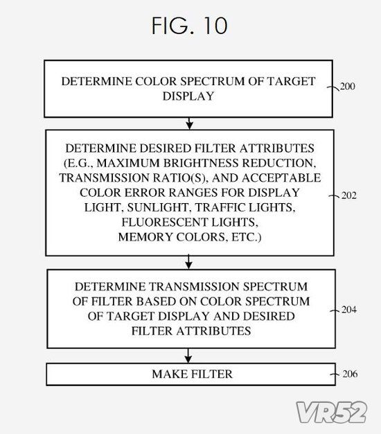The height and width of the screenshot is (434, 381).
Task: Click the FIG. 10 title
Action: (190, 26)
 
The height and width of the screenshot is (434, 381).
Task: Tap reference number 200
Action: (348, 87)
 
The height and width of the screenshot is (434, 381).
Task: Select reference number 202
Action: (349, 196)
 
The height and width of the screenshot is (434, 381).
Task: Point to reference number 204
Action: (349, 309)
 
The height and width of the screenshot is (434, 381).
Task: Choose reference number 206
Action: (350, 374)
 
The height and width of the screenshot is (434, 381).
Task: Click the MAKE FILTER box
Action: (190, 374)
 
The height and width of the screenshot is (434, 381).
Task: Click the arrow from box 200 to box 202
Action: (189, 123)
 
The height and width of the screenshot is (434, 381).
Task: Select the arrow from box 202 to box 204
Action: (188, 262)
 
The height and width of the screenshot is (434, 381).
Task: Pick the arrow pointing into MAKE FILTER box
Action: (188, 356)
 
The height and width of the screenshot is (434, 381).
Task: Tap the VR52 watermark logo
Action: (332, 412)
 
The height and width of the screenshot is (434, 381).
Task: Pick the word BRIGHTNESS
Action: (201, 163)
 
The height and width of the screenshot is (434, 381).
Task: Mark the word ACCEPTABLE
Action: (281, 177)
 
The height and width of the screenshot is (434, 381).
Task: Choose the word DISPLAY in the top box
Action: (188, 96)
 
